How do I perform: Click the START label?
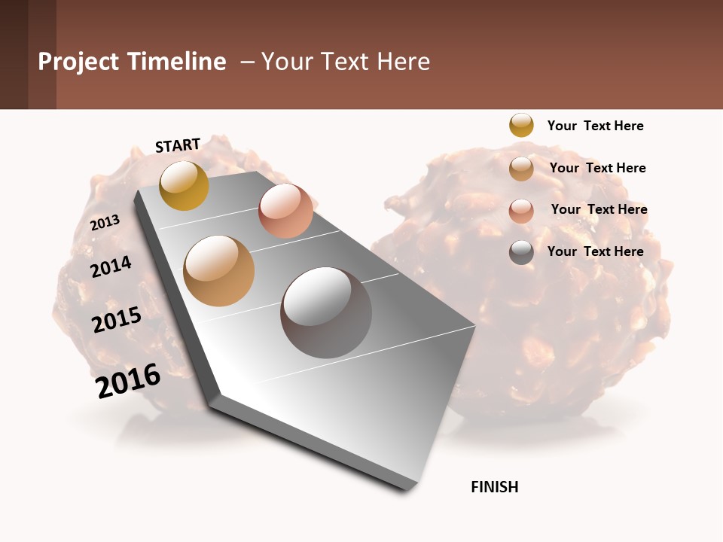pos(178,145)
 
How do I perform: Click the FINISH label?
pos(495,487)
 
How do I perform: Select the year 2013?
pos(105,223)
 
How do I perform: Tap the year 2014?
pos(111,266)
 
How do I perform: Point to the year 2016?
pos(128,381)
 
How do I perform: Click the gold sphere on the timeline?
pos(184,185)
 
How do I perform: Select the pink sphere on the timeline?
pos(285,211)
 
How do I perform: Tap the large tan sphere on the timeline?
pos(219,271)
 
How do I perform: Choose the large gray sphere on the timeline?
pos(326,312)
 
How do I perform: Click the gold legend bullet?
pos(521,125)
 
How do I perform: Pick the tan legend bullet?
pos(521,169)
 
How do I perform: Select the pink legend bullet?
pos(521,211)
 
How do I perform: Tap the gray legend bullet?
pos(521,252)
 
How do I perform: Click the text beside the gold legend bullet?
pos(595,126)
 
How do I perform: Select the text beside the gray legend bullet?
pos(595,251)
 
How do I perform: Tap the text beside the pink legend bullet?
pos(599,209)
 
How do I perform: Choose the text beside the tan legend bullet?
pos(597,168)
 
